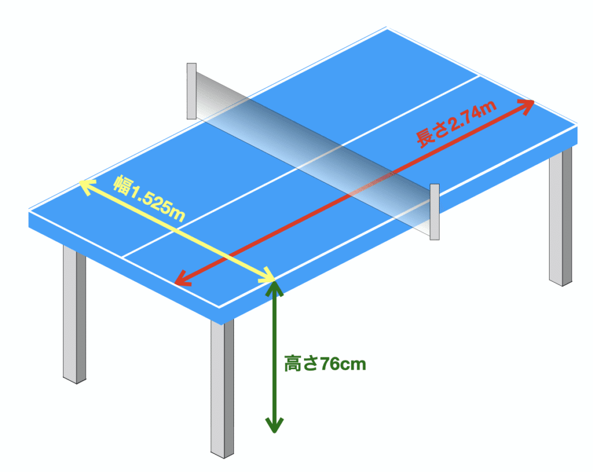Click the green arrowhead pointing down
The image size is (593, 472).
(x=274, y=425)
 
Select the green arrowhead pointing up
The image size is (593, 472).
(x=274, y=289)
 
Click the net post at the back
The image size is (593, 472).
(x=192, y=91)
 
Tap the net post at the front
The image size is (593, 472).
(x=434, y=212)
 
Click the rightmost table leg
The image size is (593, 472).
(x=561, y=217)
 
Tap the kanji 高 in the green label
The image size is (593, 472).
(x=292, y=364)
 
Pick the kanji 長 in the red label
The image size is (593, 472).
(x=425, y=138)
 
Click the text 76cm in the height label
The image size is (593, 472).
(x=343, y=364)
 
